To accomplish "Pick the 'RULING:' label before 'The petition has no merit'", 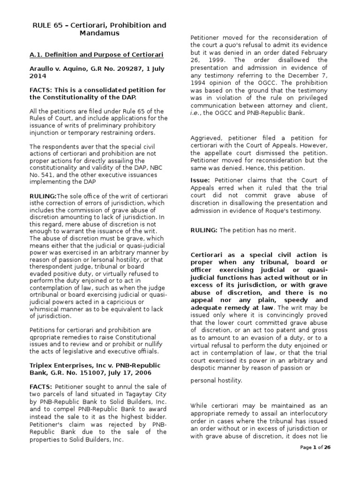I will (204, 230).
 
